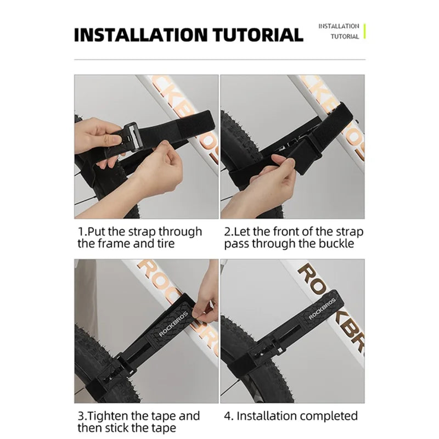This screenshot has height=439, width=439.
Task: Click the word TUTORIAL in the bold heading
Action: click(258, 35)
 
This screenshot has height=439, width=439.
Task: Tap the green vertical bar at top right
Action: click(364, 31)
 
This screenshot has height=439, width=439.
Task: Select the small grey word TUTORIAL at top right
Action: click(345, 37)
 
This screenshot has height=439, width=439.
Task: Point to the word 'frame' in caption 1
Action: click(114, 244)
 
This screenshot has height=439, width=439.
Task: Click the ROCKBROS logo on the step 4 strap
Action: click(322, 309)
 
